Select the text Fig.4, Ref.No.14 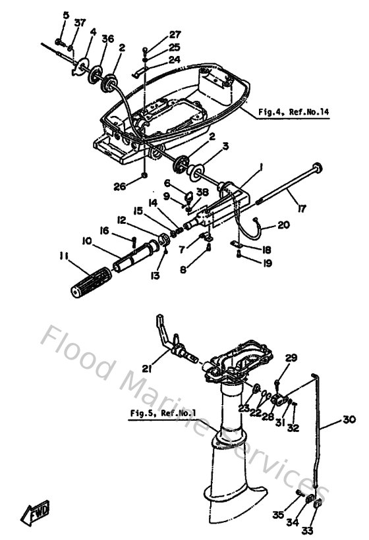[293, 112]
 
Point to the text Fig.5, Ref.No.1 [156, 414]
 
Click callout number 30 [349, 418]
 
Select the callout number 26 [119, 186]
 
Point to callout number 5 [66, 14]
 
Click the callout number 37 [80, 23]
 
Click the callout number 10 [86, 242]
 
